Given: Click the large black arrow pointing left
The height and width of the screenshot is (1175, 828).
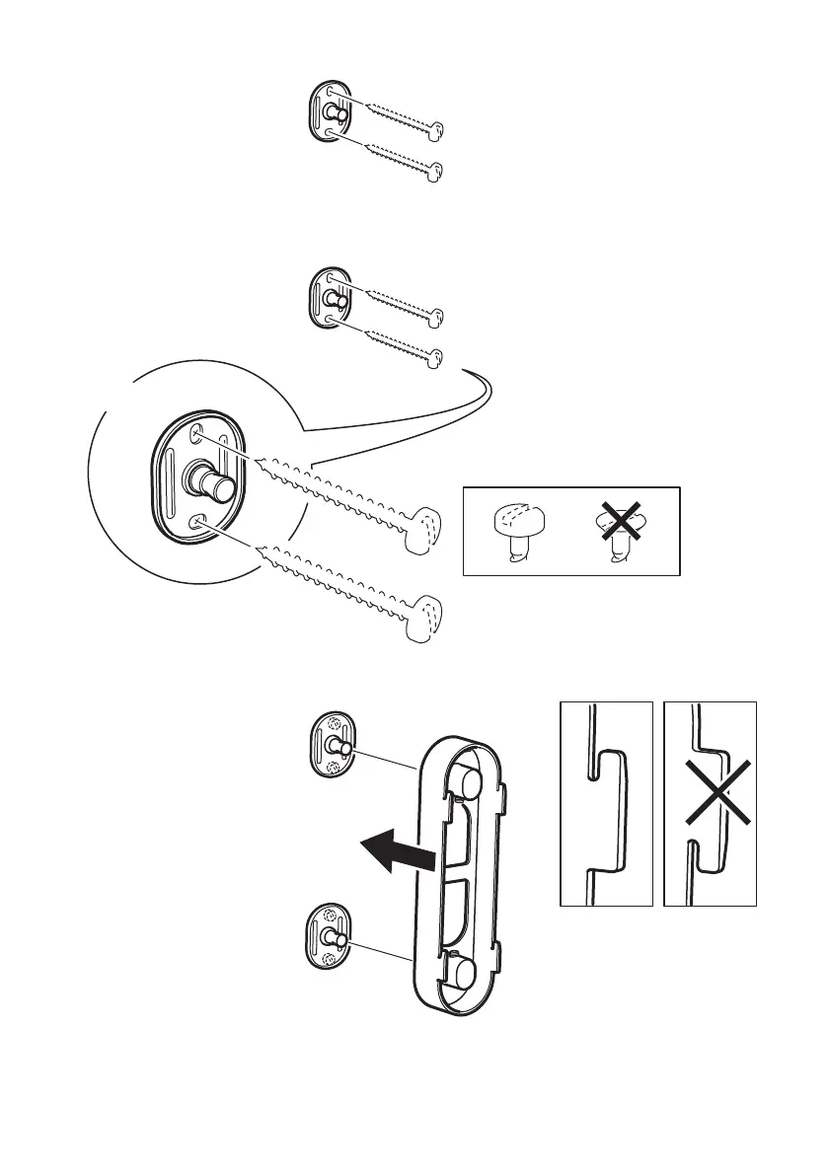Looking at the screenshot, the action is click(394, 850).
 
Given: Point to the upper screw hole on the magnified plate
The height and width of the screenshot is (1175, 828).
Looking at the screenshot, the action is click(199, 433).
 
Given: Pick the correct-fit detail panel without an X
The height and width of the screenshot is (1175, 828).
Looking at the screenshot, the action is click(606, 803).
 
